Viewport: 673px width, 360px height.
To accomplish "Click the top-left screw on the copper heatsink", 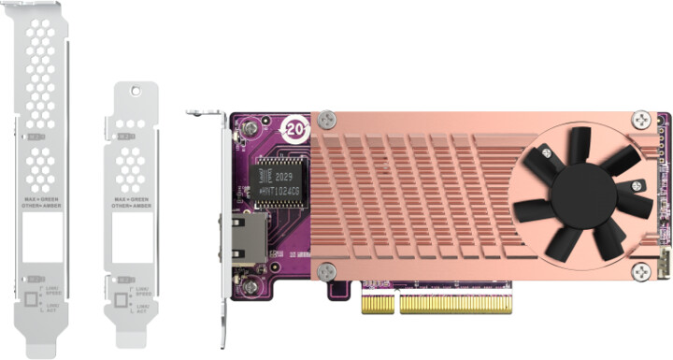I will pos(326,121).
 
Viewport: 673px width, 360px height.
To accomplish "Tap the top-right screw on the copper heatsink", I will pos(640,120).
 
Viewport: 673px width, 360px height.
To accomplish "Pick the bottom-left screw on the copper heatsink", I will pos(326,271).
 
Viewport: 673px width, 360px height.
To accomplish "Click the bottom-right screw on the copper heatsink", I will pos(640,272).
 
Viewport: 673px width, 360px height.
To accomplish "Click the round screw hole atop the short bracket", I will pos(135,92).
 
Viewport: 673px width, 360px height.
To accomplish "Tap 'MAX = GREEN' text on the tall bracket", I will pos(39,198).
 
